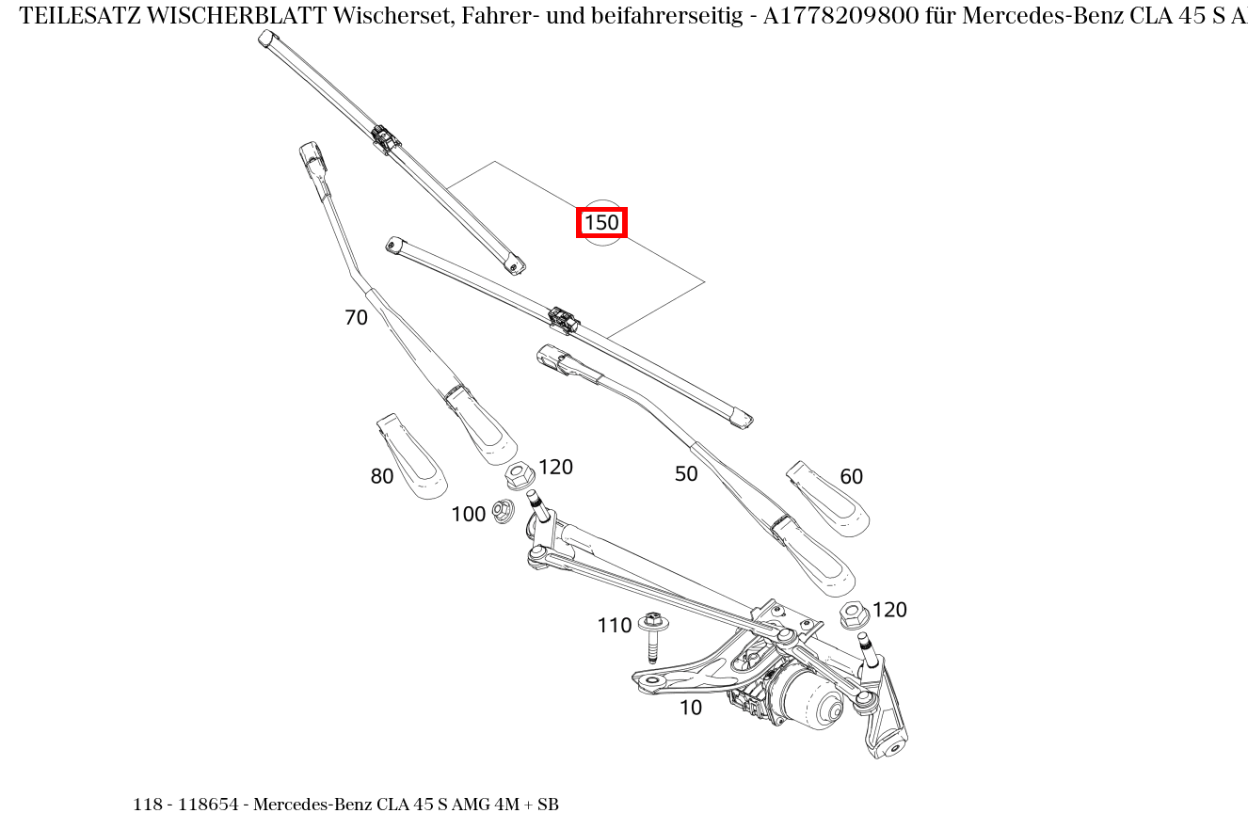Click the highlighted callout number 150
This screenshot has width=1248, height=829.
tap(601, 223)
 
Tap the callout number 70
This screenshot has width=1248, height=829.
tap(356, 318)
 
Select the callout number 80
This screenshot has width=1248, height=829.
tap(381, 477)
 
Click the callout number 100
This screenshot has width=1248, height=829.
tap(468, 514)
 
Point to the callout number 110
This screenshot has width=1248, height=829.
tap(614, 626)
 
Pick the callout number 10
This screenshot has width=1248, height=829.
tap(690, 709)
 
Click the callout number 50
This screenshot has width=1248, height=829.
tap(686, 474)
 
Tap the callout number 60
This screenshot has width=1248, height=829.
tap(851, 477)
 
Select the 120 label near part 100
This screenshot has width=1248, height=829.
tap(555, 467)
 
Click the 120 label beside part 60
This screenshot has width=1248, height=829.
tap(888, 610)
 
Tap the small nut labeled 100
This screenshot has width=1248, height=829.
tap(503, 512)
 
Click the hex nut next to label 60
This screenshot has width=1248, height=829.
tap(853, 614)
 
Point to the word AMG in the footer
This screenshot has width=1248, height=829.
tap(470, 805)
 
